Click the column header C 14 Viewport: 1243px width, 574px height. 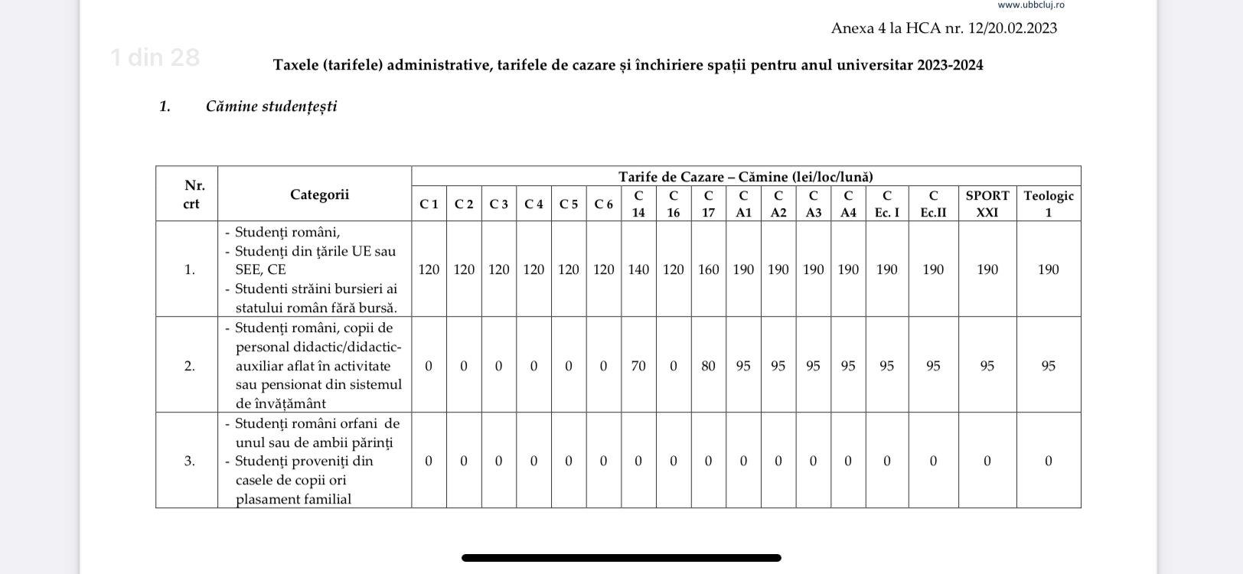(638, 204)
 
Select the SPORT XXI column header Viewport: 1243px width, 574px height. (987, 204)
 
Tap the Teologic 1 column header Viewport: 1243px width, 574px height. (1049, 204)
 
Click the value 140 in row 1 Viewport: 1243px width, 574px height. (638, 269)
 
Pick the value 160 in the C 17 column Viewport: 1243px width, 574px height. (708, 269)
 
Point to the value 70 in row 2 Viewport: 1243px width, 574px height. (638, 366)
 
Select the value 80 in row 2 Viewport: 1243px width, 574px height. (708, 366)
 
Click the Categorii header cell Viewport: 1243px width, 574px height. (319, 194)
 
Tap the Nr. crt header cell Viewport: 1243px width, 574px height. (191, 194)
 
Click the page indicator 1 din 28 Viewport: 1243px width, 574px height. (155, 57)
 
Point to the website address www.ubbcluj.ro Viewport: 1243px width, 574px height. (1030, 5)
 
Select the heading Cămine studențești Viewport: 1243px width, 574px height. (271, 106)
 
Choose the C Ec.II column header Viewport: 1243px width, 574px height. (933, 204)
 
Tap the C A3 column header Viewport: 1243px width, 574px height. (813, 204)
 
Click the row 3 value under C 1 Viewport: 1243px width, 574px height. (429, 461)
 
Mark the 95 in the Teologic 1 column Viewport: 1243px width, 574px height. (1049, 366)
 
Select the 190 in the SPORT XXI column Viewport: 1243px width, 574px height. (987, 269)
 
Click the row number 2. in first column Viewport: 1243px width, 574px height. (189, 366)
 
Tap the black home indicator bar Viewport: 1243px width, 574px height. (621, 558)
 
